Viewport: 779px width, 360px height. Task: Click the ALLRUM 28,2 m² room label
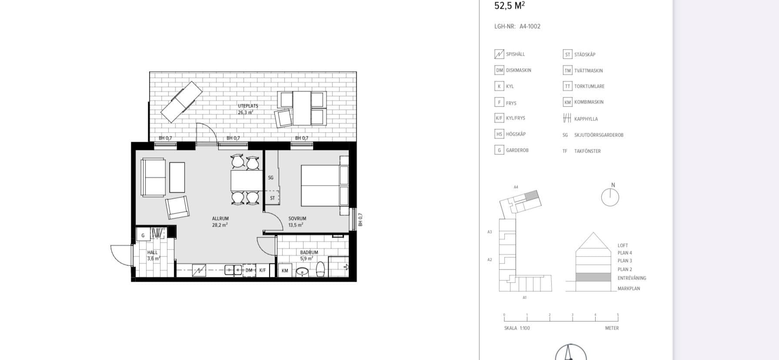(220, 222)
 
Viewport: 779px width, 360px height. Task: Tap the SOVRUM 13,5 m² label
(297, 222)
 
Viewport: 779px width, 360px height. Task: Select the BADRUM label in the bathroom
(309, 253)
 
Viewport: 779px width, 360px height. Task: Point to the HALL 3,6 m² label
(153, 255)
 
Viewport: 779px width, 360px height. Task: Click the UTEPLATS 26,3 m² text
(247, 109)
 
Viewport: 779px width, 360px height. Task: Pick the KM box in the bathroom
(285, 270)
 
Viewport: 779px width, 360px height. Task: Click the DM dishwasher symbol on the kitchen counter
(249, 270)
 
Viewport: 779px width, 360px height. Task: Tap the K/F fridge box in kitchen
(263, 270)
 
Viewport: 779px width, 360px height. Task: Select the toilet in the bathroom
(320, 269)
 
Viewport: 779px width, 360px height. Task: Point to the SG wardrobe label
(271, 178)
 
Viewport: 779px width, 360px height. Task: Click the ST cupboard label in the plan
(272, 198)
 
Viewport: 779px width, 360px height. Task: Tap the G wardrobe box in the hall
(143, 235)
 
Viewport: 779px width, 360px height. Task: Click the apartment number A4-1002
(529, 27)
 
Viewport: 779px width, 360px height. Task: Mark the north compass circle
(610, 197)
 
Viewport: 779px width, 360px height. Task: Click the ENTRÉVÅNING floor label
(632, 278)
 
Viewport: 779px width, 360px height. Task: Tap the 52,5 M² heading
(509, 6)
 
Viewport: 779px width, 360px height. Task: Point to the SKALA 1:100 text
(517, 328)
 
